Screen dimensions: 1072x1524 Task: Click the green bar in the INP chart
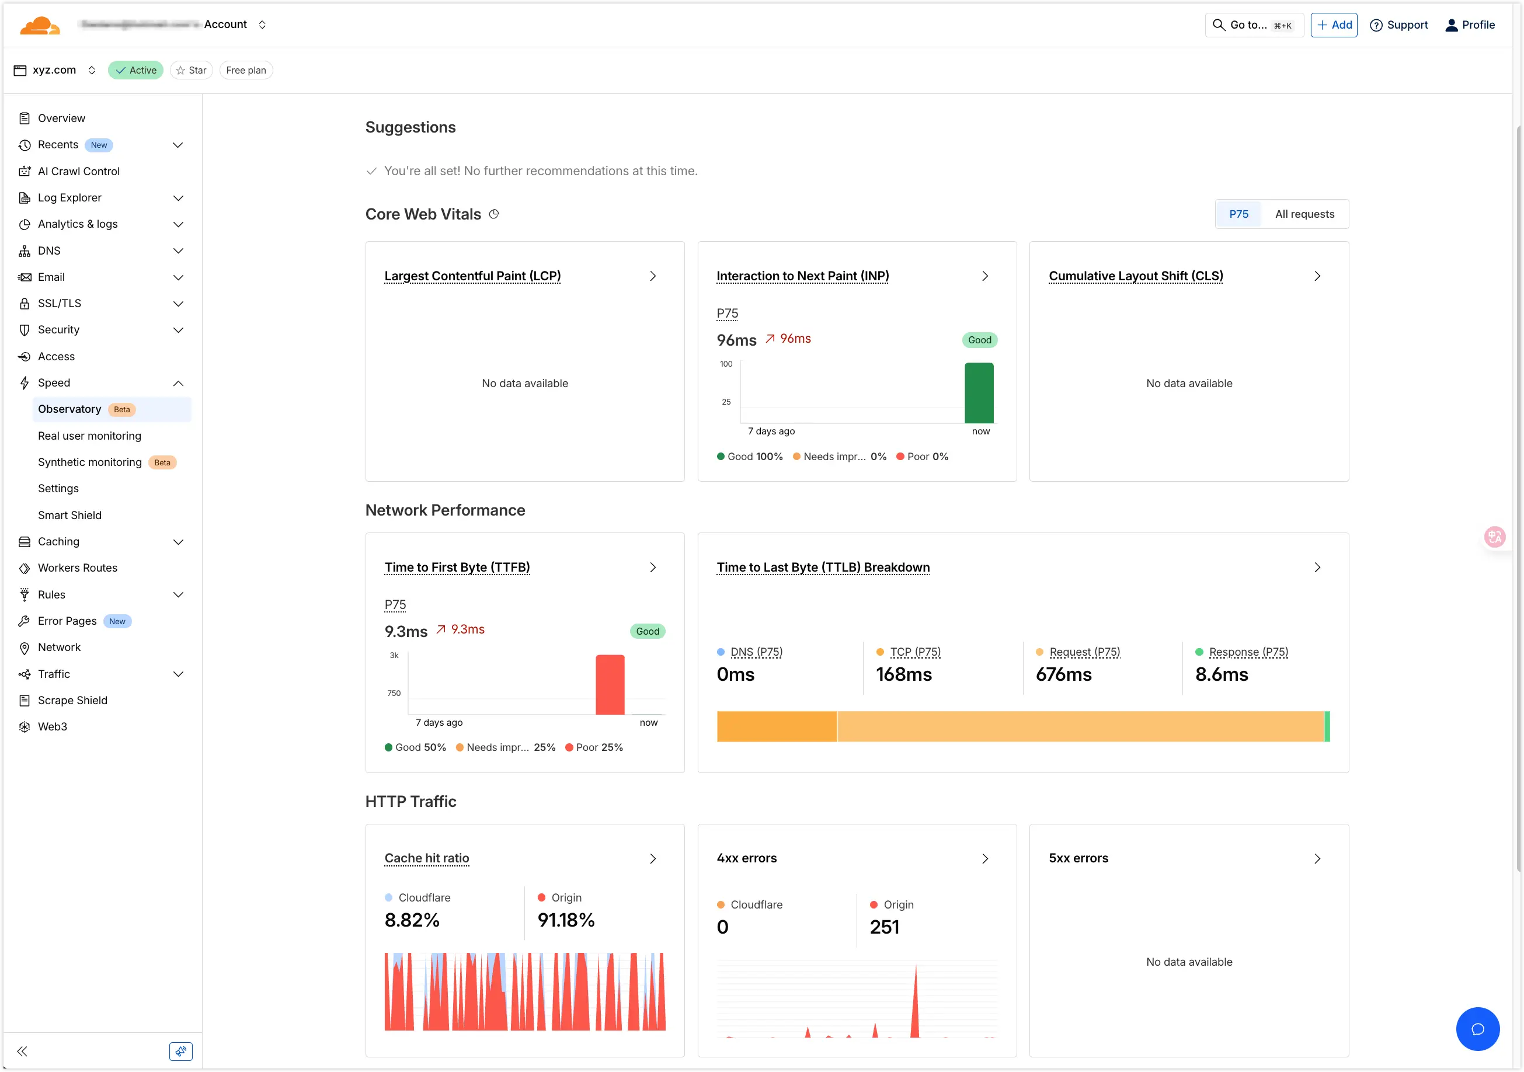(979, 393)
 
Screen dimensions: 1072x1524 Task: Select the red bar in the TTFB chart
(610, 684)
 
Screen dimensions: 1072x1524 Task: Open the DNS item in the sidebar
(49, 250)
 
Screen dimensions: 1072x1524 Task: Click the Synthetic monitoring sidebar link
(89, 462)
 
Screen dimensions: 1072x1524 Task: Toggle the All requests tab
(1304, 214)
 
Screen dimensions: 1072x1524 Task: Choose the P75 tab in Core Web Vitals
(1238, 214)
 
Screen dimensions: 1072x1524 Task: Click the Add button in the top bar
(1334, 25)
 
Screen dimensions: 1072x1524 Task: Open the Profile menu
(1470, 25)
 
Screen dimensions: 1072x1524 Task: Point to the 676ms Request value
(1063, 674)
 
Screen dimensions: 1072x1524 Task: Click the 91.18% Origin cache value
(566, 920)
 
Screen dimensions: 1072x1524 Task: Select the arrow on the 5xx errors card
(1317, 858)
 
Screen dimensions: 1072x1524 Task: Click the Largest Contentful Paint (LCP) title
(472, 276)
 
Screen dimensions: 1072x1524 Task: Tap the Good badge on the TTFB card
(647, 631)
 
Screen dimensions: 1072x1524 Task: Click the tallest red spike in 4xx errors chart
(916, 1003)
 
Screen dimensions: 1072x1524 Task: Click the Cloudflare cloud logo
(40, 25)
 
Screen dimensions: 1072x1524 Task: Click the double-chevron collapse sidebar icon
(22, 1051)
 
